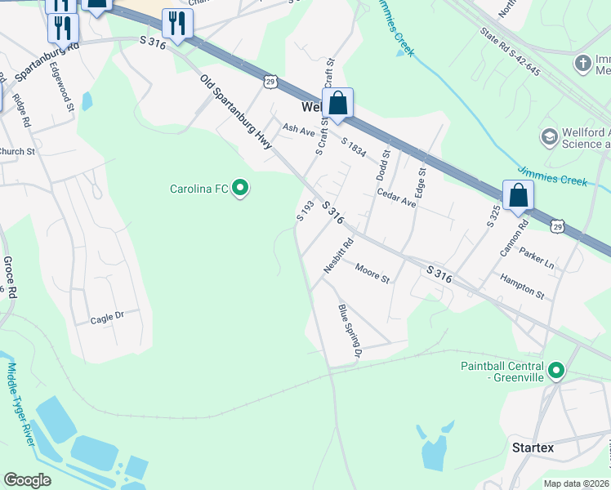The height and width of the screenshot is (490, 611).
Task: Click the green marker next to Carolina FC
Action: (x=239, y=189)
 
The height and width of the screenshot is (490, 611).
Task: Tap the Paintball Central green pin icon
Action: (x=557, y=372)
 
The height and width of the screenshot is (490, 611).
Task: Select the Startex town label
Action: (x=533, y=448)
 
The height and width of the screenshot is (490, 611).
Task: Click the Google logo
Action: (x=28, y=480)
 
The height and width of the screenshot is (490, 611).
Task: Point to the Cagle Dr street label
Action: (x=107, y=317)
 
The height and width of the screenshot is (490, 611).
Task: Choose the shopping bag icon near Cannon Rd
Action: (x=518, y=196)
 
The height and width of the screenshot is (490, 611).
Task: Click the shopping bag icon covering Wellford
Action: (x=337, y=104)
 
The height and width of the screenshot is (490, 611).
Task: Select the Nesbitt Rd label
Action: (x=340, y=254)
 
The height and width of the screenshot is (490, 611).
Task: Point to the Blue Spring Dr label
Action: (x=348, y=331)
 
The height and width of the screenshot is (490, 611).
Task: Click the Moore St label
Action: (x=372, y=272)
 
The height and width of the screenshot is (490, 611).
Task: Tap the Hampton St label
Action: (x=523, y=286)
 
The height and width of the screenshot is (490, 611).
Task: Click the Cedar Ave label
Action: (x=397, y=198)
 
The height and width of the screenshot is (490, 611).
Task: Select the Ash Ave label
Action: (x=298, y=129)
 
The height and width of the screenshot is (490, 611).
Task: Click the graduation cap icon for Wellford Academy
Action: (x=549, y=136)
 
